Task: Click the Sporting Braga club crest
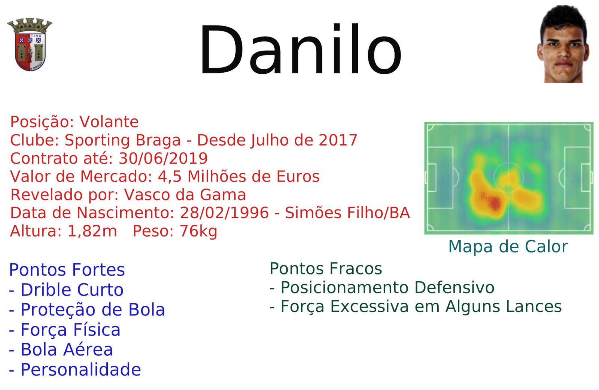click(30, 44)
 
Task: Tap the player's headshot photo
click(563, 44)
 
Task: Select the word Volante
click(109, 122)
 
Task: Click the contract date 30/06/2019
click(163, 158)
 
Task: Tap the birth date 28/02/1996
click(224, 213)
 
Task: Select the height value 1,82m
click(92, 231)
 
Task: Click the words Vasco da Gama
click(185, 195)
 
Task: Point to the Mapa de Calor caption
click(508, 246)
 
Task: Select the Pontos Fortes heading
click(67, 270)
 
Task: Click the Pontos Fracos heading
click(326, 268)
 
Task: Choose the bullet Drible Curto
click(66, 290)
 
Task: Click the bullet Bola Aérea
click(61, 349)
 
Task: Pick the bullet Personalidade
click(75, 370)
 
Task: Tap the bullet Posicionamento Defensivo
click(382, 288)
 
